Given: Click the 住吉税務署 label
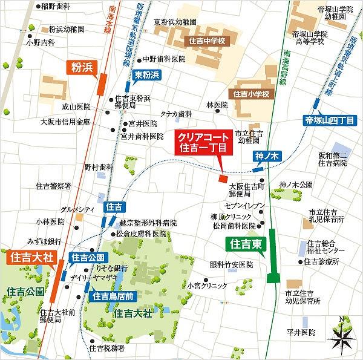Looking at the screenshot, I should [x=109, y=348].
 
